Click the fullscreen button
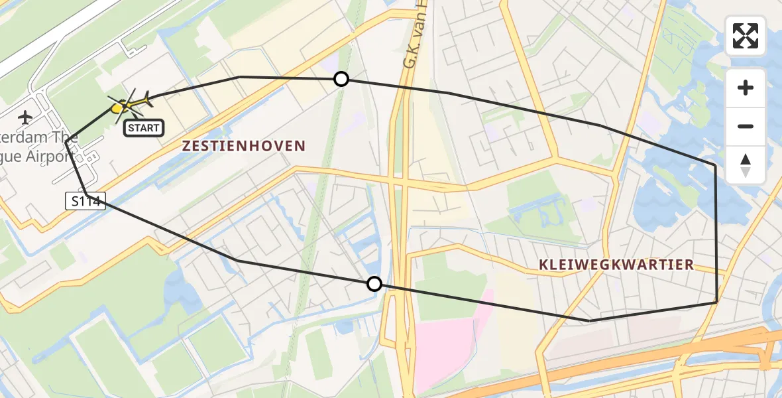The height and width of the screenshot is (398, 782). click(x=746, y=36)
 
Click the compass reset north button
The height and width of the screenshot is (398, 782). click(x=746, y=165)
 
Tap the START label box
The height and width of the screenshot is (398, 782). click(x=143, y=127)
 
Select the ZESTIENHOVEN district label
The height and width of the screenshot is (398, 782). click(x=245, y=146)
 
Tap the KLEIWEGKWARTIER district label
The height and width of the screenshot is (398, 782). click(x=616, y=265)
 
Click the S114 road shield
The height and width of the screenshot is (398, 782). click(x=86, y=201)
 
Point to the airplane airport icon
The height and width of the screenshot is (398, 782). click(x=26, y=118)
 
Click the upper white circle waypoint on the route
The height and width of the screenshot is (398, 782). click(x=341, y=80)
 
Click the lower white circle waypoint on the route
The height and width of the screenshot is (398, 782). click(x=374, y=284)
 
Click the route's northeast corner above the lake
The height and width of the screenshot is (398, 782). click(x=715, y=164)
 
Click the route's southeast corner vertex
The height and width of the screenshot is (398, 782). click(x=716, y=302)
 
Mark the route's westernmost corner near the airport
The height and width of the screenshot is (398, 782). click(x=66, y=138)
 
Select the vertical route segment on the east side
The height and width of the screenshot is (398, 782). click(x=716, y=232)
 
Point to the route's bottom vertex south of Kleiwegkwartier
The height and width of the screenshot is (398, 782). click(x=589, y=321)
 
